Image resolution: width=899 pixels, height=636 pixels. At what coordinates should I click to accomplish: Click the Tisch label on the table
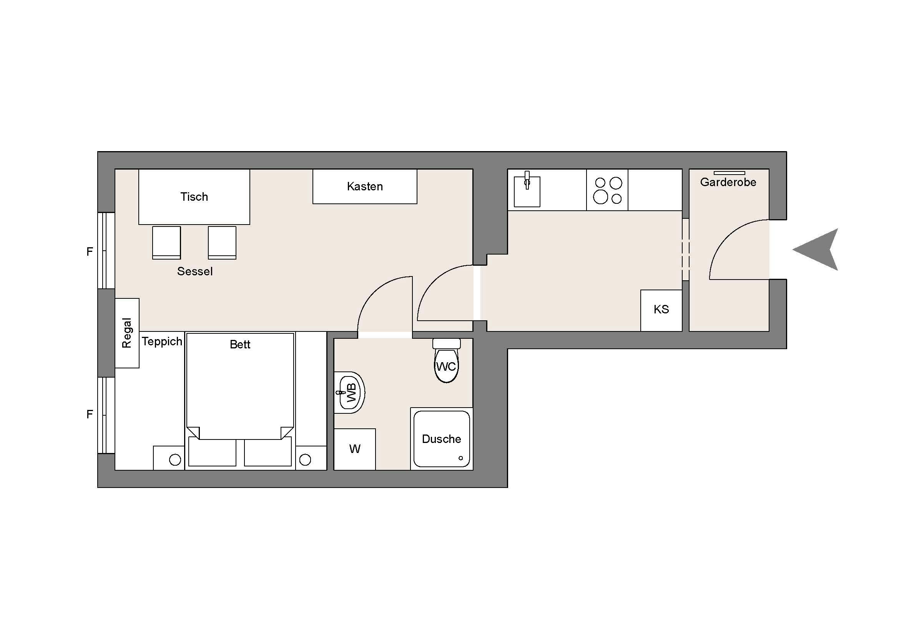point(194,196)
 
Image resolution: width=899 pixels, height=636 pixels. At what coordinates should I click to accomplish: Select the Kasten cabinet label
point(364,186)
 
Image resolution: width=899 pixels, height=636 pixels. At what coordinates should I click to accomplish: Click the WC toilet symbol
point(446,366)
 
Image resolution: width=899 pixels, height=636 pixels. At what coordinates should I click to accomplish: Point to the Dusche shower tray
point(441,439)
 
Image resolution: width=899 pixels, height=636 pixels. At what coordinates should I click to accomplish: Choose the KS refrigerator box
point(661,310)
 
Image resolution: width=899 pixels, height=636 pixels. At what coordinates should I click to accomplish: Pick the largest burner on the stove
point(600,197)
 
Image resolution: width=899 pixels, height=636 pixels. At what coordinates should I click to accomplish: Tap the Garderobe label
point(728,182)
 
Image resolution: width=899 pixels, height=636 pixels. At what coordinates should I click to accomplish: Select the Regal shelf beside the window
point(127,333)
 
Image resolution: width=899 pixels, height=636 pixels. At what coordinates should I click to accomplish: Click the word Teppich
point(162,341)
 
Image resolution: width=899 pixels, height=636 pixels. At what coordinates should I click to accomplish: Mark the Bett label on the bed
point(239,345)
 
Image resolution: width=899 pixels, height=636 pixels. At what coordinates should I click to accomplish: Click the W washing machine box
point(354,449)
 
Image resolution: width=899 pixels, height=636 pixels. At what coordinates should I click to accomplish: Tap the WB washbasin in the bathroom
point(350,393)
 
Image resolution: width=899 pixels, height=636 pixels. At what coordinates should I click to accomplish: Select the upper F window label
point(90,251)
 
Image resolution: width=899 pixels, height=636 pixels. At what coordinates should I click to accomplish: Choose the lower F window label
point(90,414)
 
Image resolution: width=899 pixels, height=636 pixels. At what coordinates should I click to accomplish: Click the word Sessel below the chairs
point(194,271)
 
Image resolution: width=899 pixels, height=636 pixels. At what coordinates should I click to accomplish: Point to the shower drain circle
point(460,458)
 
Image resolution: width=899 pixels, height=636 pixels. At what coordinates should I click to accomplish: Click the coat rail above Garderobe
point(729,173)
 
